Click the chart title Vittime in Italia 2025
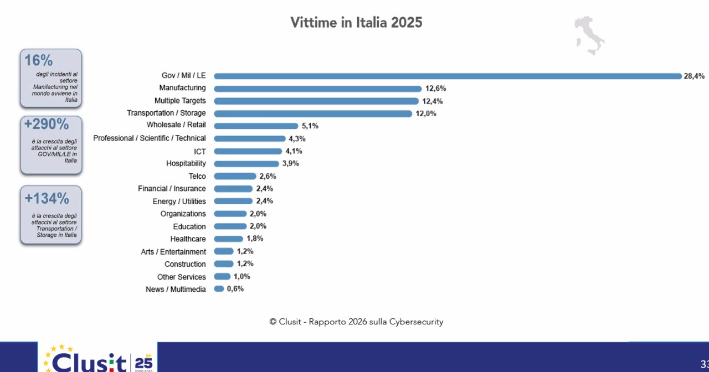click(x=356, y=23)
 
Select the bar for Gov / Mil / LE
click(x=448, y=76)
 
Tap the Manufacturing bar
click(x=317, y=89)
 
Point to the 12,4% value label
click(x=432, y=101)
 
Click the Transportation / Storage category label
click(x=166, y=113)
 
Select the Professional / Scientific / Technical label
click(x=150, y=138)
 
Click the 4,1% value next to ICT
click(x=294, y=151)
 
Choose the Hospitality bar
click(x=246, y=164)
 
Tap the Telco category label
click(x=197, y=176)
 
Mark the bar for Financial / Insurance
click(x=233, y=189)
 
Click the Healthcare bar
click(x=228, y=239)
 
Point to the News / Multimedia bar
click(x=219, y=289)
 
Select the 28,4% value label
click(x=694, y=76)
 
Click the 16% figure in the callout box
click(x=39, y=60)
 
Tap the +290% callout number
click(x=47, y=125)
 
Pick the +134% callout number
click(x=47, y=198)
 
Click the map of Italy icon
click(x=589, y=35)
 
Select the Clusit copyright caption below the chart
click(x=356, y=322)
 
